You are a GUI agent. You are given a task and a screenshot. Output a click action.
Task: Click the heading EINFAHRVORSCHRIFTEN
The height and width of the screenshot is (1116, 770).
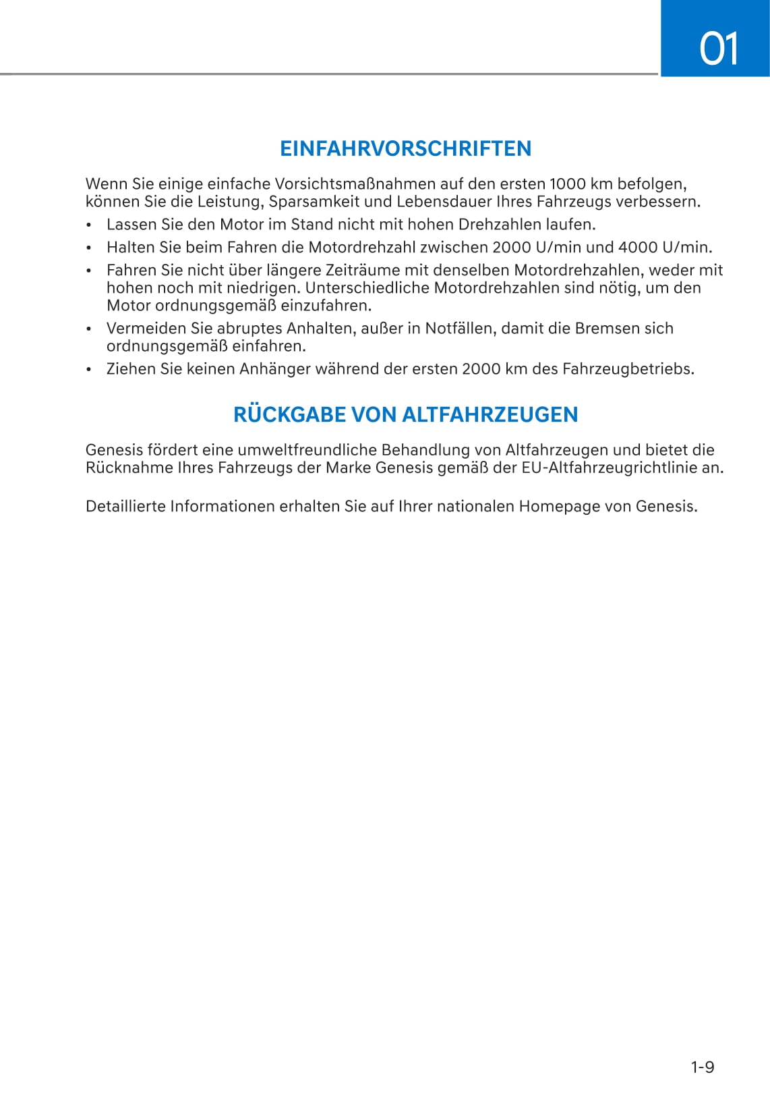pos(405,148)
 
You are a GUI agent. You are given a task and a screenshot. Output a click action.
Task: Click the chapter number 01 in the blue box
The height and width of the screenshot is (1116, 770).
pos(719,49)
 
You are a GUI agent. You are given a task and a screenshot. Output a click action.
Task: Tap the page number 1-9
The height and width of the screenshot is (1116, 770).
pos(702,1067)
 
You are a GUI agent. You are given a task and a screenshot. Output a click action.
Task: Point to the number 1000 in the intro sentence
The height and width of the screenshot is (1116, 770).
pos(567,184)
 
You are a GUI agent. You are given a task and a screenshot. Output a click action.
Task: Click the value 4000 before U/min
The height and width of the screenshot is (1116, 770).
pos(637,247)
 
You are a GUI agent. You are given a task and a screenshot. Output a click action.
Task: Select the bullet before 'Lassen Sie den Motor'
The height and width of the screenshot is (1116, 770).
pos(88,225)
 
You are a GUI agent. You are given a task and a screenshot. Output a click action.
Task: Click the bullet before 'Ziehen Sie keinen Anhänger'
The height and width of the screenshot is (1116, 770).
pos(88,370)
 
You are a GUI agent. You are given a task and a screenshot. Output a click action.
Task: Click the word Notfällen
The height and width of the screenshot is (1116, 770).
pos(458,329)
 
